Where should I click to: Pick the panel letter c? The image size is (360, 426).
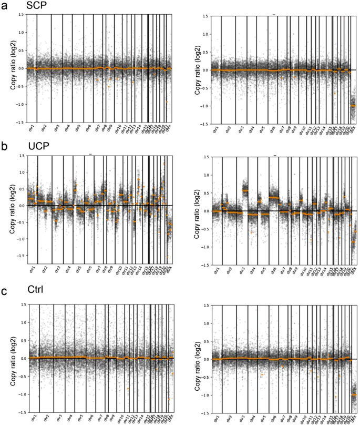pos(4,290)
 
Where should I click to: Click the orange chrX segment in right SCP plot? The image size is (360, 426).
pos(353,106)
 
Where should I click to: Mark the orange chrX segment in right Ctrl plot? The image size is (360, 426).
pos(353,394)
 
